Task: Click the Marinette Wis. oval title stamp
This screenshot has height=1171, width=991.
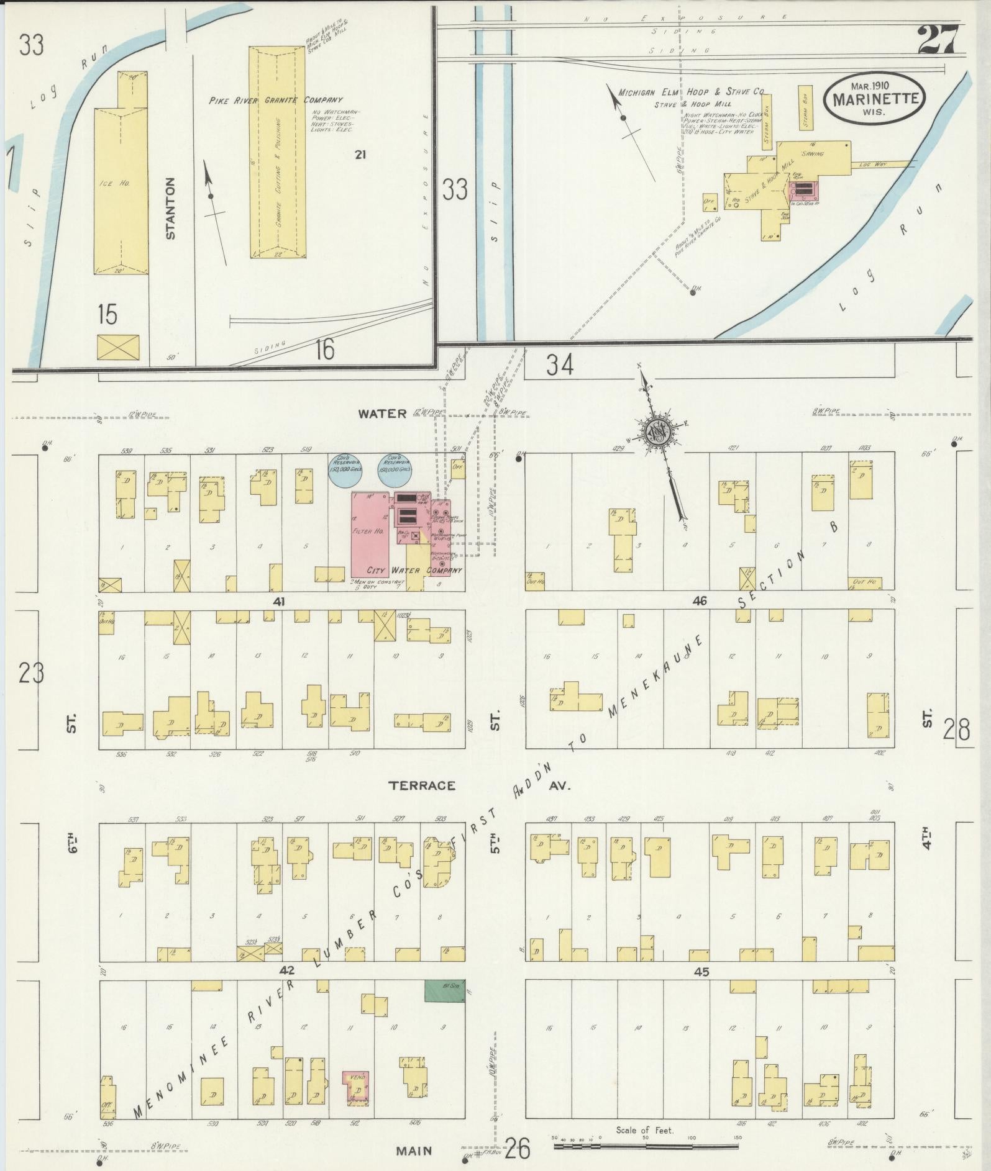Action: pos(874,99)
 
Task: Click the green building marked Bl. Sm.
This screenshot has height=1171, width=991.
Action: pos(444,990)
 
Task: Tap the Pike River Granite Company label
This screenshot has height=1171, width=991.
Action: pos(275,99)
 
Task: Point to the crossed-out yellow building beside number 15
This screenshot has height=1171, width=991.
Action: pos(118,348)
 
